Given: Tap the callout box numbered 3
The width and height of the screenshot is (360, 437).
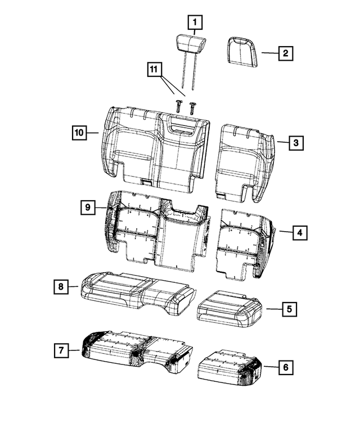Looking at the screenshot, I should pos(295,143).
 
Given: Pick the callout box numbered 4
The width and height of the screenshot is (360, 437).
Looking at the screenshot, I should pos(300,232).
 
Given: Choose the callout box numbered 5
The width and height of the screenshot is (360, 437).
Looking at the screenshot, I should pos(289,309).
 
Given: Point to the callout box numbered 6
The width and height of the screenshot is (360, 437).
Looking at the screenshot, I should pos(285,367).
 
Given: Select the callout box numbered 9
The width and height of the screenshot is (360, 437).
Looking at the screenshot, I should pos(88,208).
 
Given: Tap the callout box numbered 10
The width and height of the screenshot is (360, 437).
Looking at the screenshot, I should pos(79,133).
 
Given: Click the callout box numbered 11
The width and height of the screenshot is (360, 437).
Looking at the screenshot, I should pos(152,69).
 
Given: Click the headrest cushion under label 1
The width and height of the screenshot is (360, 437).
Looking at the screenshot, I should pos(191,43).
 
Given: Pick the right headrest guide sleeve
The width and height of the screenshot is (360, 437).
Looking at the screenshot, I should pos(193,105).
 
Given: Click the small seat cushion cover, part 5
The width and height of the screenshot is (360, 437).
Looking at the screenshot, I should pos(228,307).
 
